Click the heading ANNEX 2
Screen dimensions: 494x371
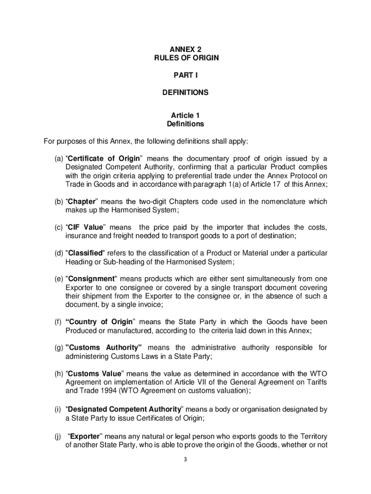[x=185, y=49]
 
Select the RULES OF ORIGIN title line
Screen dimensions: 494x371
[x=185, y=58]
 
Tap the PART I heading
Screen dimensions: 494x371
[x=185, y=75]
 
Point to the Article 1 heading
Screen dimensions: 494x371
[x=185, y=115]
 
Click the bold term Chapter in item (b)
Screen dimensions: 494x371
[x=81, y=201]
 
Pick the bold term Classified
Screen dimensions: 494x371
[x=84, y=253]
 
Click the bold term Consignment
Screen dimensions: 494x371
[x=91, y=279]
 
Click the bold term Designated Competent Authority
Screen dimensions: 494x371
[x=124, y=409]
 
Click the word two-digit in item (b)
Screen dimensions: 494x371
[x=143, y=201]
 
